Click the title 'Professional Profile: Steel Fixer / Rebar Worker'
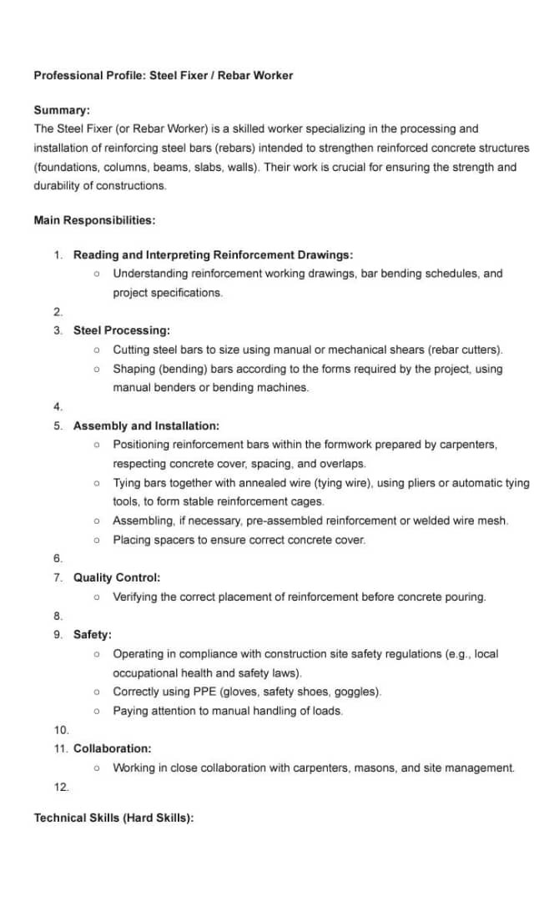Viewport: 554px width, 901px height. (163, 75)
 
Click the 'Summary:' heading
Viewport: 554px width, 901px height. (62, 110)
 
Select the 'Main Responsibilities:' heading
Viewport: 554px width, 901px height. (94, 220)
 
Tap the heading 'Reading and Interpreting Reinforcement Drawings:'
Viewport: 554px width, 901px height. (213, 254)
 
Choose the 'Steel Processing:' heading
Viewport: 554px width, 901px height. (122, 330)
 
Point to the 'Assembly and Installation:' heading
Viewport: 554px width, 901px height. (146, 425)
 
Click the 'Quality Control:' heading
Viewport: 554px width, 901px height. (117, 577)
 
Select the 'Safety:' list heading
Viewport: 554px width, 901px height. (93, 635)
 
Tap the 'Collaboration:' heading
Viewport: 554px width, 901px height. (113, 749)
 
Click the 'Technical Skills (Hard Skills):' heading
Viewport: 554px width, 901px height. (113, 818)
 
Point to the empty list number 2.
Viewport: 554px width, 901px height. (58, 312)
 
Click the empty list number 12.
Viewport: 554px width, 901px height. (60, 787)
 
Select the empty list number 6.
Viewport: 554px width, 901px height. (58, 558)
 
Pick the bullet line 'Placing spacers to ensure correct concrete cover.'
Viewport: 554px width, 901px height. (239, 540)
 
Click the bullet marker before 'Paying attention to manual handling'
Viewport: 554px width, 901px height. (98, 711)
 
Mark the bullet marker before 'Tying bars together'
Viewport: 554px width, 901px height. (98, 483)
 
